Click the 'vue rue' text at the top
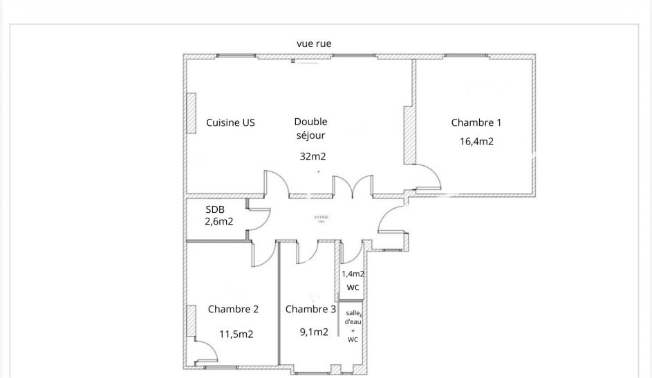(x=314, y=44)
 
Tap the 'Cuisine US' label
(x=230, y=123)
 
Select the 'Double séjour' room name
(x=310, y=129)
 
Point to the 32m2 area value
(x=313, y=156)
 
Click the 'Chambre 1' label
(x=476, y=123)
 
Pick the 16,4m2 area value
(x=476, y=142)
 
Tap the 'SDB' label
(x=214, y=209)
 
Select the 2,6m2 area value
(x=218, y=221)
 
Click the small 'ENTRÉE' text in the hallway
(x=321, y=218)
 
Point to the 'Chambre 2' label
(x=233, y=309)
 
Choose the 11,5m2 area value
(x=236, y=334)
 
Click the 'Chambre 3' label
(x=311, y=309)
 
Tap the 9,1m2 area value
(x=313, y=332)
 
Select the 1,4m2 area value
(x=353, y=274)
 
